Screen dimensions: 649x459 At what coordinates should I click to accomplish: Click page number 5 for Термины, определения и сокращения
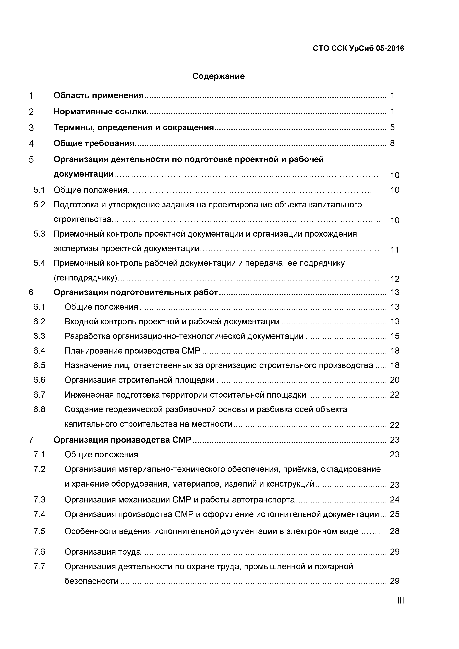click(x=392, y=127)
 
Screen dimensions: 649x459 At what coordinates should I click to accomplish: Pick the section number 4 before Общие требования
click(x=31, y=144)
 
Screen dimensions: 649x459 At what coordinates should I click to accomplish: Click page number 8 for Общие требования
click(x=392, y=143)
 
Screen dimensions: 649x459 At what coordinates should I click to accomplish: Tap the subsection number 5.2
click(x=39, y=205)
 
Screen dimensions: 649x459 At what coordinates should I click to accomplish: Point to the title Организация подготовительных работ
click(x=136, y=292)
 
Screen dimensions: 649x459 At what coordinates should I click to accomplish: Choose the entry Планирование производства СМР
click(x=132, y=351)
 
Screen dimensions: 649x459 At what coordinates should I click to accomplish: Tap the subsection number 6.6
click(x=39, y=380)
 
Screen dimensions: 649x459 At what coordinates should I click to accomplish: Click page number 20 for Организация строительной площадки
click(x=395, y=380)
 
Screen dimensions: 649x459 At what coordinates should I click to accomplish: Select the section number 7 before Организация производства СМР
click(x=31, y=440)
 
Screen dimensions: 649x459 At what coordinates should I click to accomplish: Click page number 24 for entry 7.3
click(x=395, y=500)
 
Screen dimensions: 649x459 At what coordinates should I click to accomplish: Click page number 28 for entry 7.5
click(x=395, y=531)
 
